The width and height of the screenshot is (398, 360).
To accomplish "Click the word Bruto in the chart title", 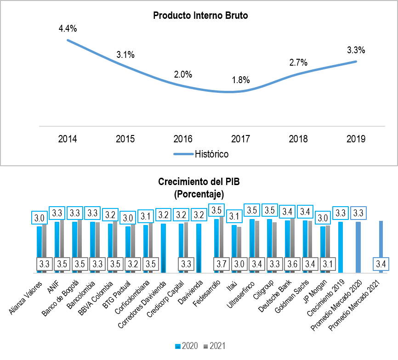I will pyautogui.click(x=237, y=16).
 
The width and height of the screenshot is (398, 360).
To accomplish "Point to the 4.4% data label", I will pyautogui.click(x=68, y=28).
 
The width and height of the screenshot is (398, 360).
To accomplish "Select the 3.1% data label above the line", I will pyautogui.click(x=125, y=55).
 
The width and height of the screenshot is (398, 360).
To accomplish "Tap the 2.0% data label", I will pyautogui.click(x=183, y=74).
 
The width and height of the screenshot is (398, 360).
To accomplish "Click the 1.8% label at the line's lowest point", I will pyautogui.click(x=240, y=80).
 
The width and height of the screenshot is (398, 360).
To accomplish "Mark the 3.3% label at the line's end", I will pyautogui.click(x=356, y=50).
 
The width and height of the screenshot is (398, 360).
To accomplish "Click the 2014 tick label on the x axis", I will pyautogui.click(x=68, y=139).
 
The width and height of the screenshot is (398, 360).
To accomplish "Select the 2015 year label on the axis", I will pyautogui.click(x=125, y=139).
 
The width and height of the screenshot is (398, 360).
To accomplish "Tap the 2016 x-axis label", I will pyautogui.click(x=183, y=139).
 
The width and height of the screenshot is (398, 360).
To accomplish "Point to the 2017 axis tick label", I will pyautogui.click(x=240, y=139).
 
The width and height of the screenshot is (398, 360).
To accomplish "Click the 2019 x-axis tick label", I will pyautogui.click(x=356, y=139).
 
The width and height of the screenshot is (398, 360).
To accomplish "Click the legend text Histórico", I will pyautogui.click(x=212, y=154).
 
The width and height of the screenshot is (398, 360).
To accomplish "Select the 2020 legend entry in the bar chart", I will pyautogui.click(x=187, y=346).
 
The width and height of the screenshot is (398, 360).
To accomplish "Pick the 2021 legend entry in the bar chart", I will pyautogui.click(x=215, y=346).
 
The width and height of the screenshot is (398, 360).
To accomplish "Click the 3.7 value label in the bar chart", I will pyautogui.click(x=222, y=264).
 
